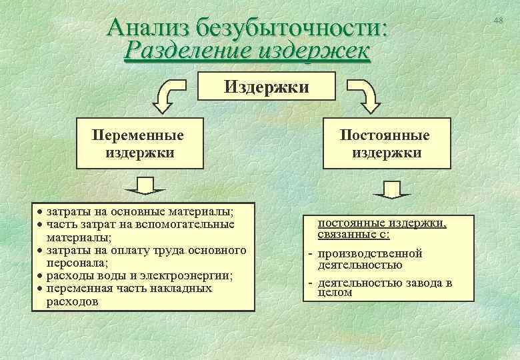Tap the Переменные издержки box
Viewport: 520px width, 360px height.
click(x=139, y=143)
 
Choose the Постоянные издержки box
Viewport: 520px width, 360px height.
click(x=385, y=143)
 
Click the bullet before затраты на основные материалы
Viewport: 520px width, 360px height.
click(x=40, y=212)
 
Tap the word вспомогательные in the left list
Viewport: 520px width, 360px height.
click(x=191, y=224)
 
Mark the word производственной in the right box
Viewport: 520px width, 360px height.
click(x=370, y=253)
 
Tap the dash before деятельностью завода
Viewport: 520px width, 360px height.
click(x=311, y=283)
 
